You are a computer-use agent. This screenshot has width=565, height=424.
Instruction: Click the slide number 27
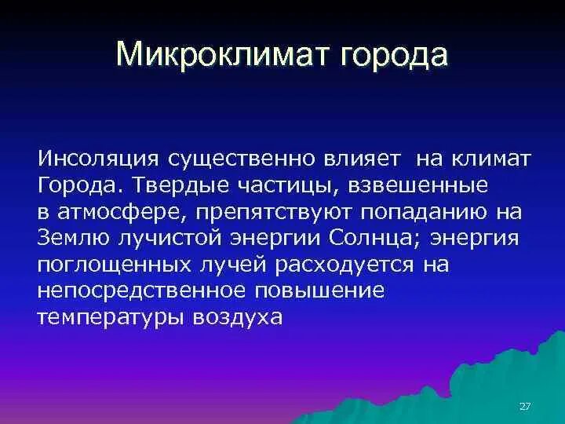[x=526, y=406]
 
